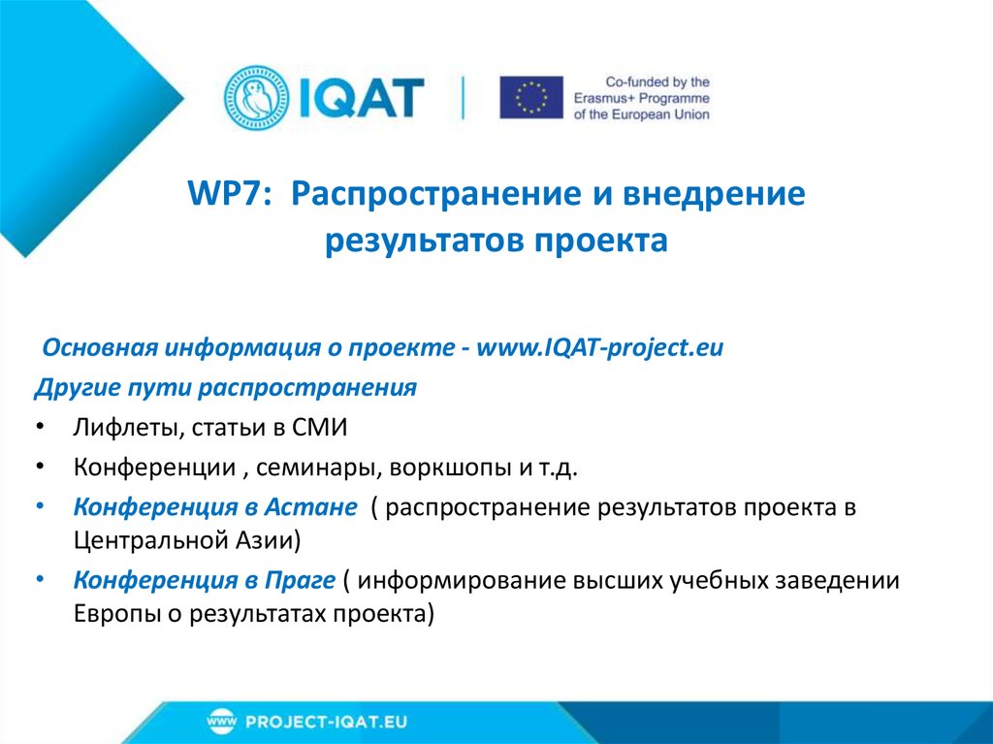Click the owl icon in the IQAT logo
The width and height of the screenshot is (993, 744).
pyautogui.click(x=256, y=98)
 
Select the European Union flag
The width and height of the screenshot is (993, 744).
pyautogui.click(x=531, y=98)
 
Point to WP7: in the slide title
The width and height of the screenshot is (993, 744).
pyautogui.click(x=232, y=195)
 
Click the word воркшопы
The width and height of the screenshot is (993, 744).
pyautogui.click(x=440, y=469)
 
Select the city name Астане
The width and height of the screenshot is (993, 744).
pyautogui.click(x=313, y=508)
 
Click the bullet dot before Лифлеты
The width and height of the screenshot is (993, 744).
pyautogui.click(x=38, y=428)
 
